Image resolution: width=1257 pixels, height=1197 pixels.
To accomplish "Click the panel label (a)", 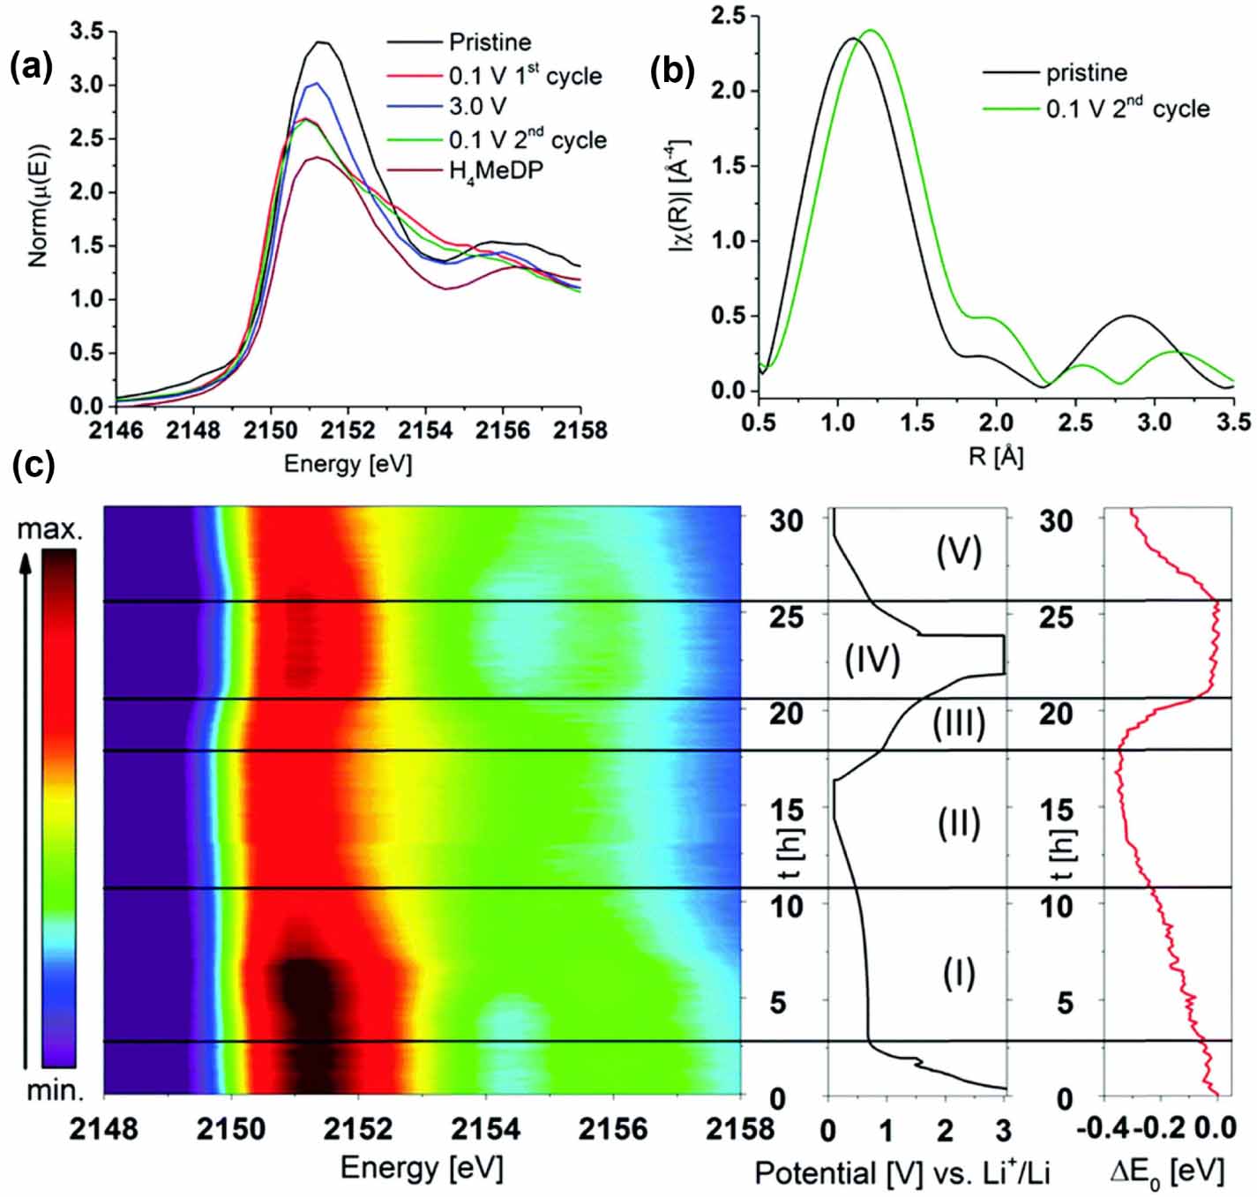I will (x=31, y=66).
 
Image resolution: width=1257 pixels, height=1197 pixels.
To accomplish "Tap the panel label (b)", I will (x=671, y=71).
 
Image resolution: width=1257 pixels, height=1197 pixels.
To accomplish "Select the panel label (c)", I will (x=34, y=464).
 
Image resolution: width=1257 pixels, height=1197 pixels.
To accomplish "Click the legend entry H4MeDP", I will (x=496, y=170).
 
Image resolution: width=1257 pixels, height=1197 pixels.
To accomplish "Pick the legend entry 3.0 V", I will (x=477, y=107).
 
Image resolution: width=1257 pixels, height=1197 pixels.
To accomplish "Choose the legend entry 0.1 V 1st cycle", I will (x=525, y=75).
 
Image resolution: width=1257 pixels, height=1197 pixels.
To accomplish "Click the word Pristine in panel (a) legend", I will (x=490, y=42).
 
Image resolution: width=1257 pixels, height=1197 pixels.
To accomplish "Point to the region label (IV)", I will (x=872, y=659).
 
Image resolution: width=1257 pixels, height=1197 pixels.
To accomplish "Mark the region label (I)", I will (x=958, y=973).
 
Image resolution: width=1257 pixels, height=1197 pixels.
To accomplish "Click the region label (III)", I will (x=958, y=723).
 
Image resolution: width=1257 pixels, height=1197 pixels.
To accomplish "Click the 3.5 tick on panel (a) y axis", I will (x=86, y=32).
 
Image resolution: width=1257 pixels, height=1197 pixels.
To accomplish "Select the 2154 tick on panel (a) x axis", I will (x=425, y=430).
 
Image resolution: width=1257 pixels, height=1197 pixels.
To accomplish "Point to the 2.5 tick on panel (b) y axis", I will (x=729, y=16).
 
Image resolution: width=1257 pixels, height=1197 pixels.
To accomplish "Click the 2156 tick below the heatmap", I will (x=613, y=1129).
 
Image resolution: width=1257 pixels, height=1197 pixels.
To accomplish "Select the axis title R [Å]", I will (x=995, y=456).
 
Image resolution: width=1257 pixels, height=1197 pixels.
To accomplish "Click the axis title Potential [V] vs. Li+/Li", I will (x=902, y=1172).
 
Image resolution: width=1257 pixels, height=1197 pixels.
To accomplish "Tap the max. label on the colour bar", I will (x=49, y=529).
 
